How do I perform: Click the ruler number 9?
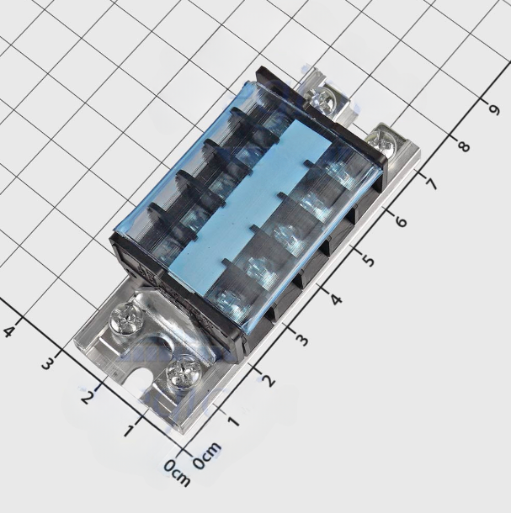493,109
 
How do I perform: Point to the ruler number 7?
431,184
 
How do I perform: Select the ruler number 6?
400,222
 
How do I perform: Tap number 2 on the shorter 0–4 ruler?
86,397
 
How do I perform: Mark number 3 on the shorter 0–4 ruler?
48,363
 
